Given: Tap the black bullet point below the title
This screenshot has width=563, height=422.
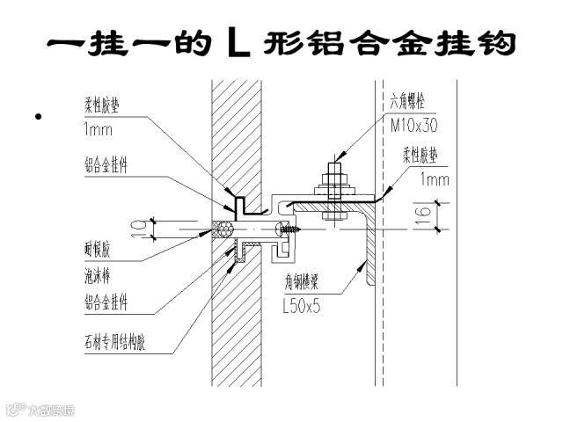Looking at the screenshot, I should pyautogui.click(x=37, y=116).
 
